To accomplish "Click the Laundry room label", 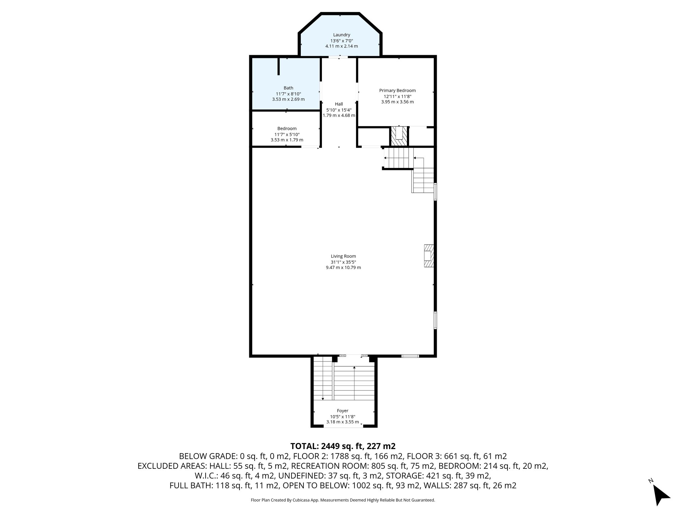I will pos(341,35).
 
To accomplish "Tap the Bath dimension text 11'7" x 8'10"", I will pos(288,94).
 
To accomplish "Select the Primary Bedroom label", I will pos(397,90).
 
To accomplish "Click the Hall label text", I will pos(339,104).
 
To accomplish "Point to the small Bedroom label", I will pos(287,128).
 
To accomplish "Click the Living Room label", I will pos(343,256).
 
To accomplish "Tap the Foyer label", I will pos(342,411).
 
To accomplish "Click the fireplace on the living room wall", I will pos(428,256).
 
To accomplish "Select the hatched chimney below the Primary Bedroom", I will pos(399,136).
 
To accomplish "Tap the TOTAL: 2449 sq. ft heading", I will pos(343,446).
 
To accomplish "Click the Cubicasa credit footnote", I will pos(343,500).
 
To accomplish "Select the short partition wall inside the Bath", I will pos(278,67).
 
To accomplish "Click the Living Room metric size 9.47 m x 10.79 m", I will pos(343,268).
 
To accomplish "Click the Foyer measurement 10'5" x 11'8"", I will pos(342,417).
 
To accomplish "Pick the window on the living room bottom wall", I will pos(410,356).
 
